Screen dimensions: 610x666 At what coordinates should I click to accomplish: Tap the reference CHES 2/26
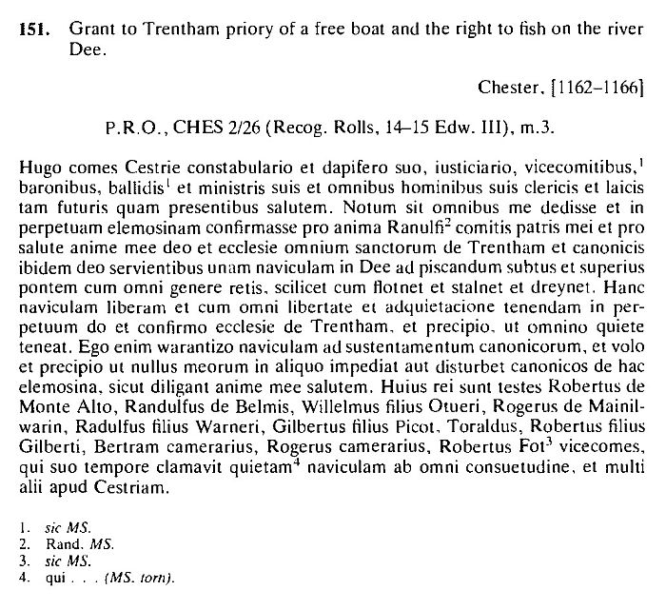[210, 126]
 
